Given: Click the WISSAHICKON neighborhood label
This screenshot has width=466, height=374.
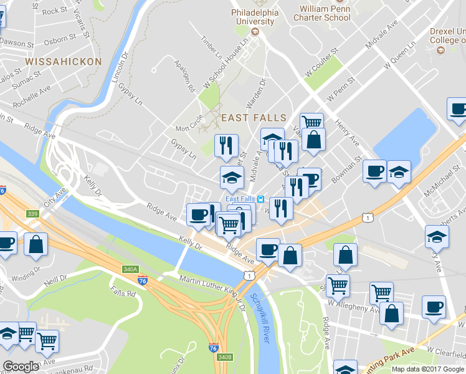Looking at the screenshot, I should (x=63, y=62).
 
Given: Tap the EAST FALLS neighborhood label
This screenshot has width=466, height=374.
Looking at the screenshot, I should (x=254, y=117).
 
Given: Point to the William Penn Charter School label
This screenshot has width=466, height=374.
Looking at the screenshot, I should (x=324, y=13).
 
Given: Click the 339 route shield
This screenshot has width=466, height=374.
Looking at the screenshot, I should (x=33, y=214).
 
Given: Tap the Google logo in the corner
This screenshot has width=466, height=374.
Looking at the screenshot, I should (x=21, y=367).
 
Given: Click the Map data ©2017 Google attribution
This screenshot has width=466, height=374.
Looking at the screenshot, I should (x=428, y=369).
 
